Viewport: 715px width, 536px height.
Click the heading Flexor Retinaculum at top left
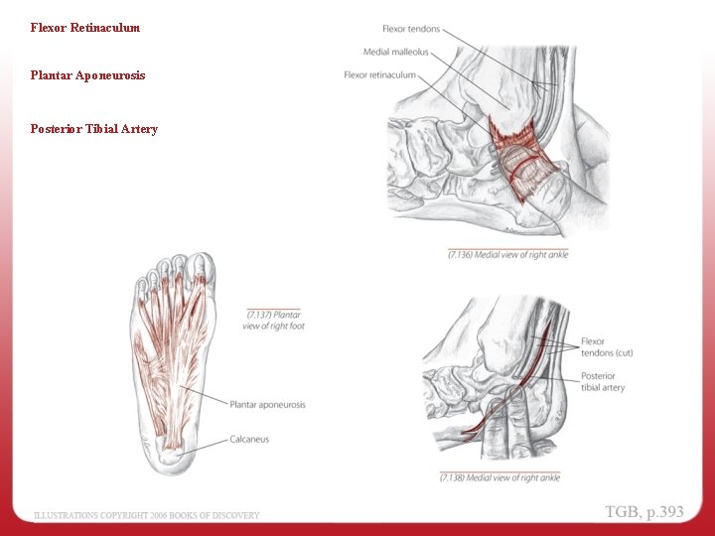85,28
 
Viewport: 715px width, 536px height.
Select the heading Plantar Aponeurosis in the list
88,75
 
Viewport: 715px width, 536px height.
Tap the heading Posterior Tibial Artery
94,129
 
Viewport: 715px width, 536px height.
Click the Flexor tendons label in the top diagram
411,29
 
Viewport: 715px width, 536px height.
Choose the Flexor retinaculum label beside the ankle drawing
380,75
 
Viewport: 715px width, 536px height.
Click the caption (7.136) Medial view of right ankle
507,255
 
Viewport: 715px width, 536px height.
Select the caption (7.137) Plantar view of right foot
273,321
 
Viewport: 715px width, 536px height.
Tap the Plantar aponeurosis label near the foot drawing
267,405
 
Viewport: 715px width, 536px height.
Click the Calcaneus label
249,440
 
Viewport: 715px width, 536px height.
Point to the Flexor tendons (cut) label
606,347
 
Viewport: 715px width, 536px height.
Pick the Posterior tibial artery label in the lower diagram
603,382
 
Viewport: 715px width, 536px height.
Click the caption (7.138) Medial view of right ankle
500,477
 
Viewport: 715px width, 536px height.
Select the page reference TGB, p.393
644,512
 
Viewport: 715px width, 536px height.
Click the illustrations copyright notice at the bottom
147,515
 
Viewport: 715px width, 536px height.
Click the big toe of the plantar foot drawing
202,269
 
